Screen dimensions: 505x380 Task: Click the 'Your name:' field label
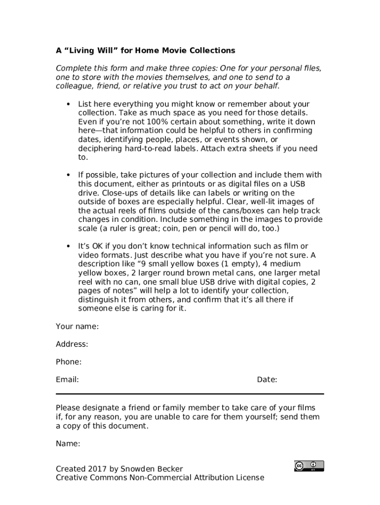(x=77, y=326)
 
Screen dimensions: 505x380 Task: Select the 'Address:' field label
(x=72, y=344)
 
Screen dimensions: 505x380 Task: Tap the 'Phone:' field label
(x=69, y=362)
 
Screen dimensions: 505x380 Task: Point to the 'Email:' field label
(x=67, y=380)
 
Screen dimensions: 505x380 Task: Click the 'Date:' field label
(x=267, y=380)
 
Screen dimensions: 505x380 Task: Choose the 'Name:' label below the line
(x=68, y=444)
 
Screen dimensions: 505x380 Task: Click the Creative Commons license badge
(x=309, y=466)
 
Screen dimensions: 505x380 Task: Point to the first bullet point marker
(x=68, y=104)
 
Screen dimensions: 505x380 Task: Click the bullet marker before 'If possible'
(x=68, y=175)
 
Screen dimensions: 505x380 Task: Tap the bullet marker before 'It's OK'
(x=68, y=246)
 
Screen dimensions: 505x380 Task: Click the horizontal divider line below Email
(x=190, y=394)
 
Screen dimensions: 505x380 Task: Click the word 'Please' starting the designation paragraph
(x=68, y=408)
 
